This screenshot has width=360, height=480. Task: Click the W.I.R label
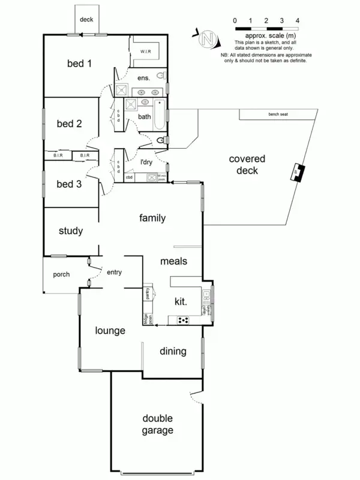[146, 52]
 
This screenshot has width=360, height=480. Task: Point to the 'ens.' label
[143, 78]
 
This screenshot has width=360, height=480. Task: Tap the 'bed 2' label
[69, 124]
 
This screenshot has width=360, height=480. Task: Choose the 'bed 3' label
[69, 184]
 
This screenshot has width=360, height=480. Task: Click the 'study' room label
[70, 231]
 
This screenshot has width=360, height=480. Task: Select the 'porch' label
[61, 275]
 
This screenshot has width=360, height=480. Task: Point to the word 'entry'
[114, 272]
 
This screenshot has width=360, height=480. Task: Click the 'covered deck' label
[247, 165]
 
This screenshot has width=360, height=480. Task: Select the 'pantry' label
[147, 293]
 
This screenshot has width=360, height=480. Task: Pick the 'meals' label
[175, 262]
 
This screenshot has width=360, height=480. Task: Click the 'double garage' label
[158, 424]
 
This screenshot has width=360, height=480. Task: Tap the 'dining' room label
[173, 352]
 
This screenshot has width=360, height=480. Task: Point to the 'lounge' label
[109, 331]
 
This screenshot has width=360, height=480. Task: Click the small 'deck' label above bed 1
[86, 19]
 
